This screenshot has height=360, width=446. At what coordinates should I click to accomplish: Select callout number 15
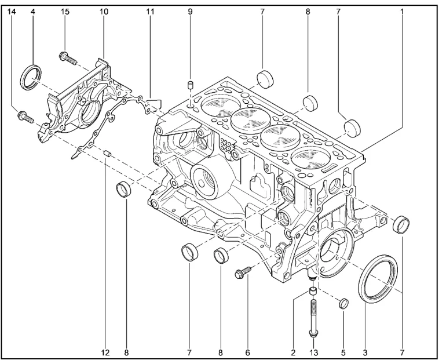tap(65, 12)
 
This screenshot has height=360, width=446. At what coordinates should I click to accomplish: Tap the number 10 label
tap(104, 12)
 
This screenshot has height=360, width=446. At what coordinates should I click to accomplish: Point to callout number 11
tap(150, 12)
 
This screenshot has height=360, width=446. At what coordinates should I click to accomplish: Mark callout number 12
tap(105, 351)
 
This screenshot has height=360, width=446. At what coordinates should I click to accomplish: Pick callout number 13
tap(314, 351)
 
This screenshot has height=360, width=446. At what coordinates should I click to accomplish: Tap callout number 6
tap(247, 351)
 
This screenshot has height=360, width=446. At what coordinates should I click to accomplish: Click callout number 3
tap(365, 351)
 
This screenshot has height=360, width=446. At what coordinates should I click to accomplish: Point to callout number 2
tap(293, 351)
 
